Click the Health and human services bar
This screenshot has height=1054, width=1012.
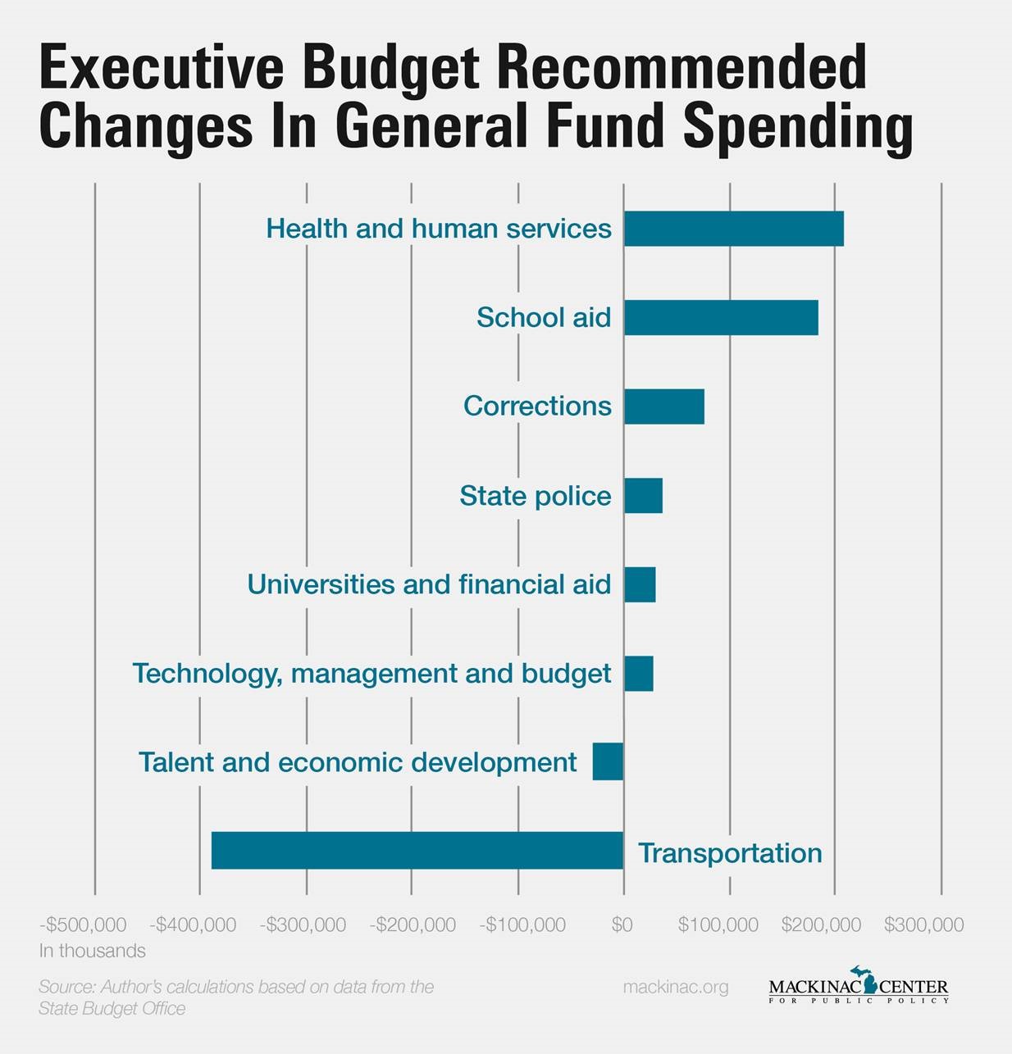[733, 229]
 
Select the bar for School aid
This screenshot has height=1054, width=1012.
[721, 318]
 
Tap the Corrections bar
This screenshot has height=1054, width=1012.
[663, 407]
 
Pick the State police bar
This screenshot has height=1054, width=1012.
[643, 496]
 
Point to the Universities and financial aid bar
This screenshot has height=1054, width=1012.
[640, 584]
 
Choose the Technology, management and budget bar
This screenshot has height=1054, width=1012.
[638, 674]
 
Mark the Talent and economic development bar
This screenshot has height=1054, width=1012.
[608, 762]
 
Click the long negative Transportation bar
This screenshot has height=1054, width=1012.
[417, 851]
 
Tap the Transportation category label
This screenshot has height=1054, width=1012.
[730, 852]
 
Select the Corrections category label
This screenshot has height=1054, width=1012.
[537, 406]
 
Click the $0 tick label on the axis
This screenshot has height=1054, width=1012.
[622, 925]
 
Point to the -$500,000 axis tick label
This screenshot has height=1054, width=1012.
[83, 925]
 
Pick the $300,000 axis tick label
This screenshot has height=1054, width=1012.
[923, 925]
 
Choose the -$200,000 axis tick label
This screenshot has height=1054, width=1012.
[413, 925]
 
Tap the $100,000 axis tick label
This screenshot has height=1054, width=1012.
[718, 925]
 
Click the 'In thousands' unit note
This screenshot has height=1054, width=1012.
[92, 951]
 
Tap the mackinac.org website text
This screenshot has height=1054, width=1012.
[676, 987]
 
